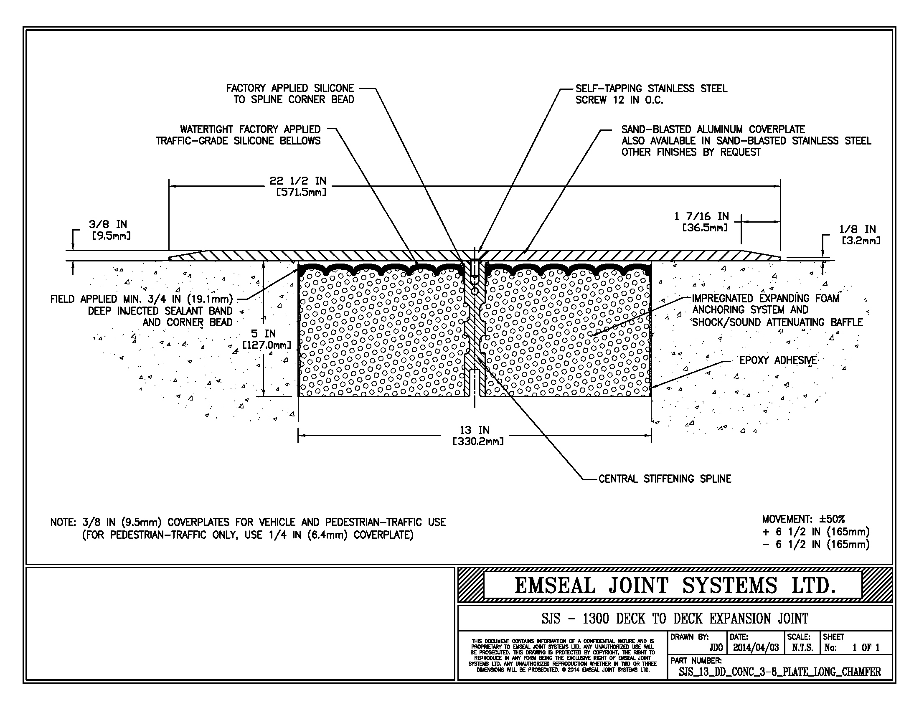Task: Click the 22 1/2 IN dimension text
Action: click(x=297, y=186)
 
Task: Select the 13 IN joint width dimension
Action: click(x=474, y=435)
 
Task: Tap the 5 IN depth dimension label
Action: click(x=264, y=339)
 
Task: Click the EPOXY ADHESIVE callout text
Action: click(x=778, y=360)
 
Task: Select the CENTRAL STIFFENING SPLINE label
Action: click(x=665, y=479)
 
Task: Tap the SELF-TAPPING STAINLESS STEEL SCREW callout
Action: click(x=651, y=94)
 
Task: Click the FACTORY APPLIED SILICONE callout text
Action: click(x=290, y=94)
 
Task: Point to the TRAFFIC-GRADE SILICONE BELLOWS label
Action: click(x=238, y=135)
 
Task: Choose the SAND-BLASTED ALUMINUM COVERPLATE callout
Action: click(x=746, y=140)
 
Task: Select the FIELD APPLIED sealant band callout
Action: click(x=141, y=311)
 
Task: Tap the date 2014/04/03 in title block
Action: click(x=756, y=648)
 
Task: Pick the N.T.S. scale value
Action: click(x=802, y=648)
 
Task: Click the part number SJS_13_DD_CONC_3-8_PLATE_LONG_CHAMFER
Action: click(x=779, y=672)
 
